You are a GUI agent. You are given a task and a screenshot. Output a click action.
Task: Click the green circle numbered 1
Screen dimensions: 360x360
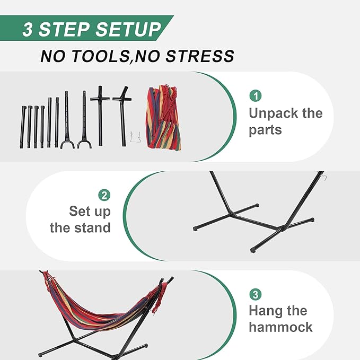(x=256, y=96)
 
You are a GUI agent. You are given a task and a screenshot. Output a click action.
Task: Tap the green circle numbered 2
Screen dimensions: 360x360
(x=104, y=195)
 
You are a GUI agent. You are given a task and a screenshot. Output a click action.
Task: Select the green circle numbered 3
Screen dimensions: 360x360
(x=256, y=294)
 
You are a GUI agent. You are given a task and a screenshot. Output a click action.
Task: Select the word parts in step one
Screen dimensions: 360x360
(x=266, y=130)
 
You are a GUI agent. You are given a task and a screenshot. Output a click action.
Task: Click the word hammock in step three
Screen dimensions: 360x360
(x=280, y=327)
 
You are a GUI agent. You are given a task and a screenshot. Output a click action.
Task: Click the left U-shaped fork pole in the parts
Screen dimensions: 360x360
(x=67, y=122)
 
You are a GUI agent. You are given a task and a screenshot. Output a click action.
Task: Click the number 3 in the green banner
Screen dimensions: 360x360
(x=28, y=30)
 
